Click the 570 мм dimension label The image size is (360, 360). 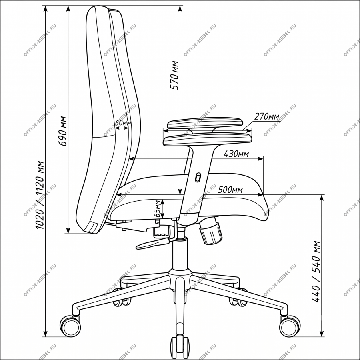pos(174,75)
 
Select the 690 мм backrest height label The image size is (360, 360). pos(62,131)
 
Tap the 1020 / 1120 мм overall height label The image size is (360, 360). pos(40,195)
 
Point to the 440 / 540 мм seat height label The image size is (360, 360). pos(316,271)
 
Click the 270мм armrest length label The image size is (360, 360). pos(266,116)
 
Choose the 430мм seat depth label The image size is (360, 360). pos(236,154)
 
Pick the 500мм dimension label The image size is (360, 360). pos(230,190)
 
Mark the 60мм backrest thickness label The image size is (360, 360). pos(123,123)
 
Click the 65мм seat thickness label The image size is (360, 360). pos(157,208)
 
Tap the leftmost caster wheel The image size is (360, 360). pos(70,326)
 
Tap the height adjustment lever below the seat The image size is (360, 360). pos(154,243)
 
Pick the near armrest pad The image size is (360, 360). pos(207,139)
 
